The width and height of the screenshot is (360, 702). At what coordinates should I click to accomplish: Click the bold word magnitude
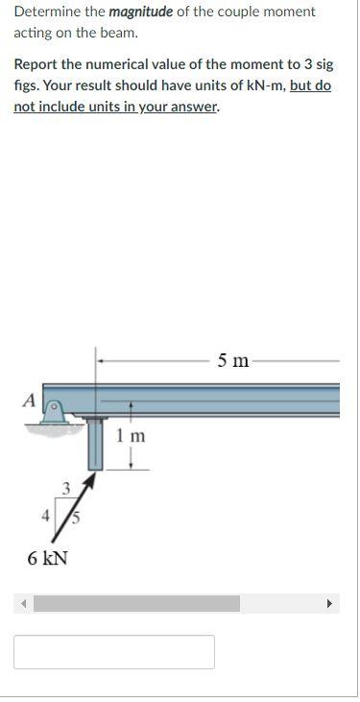point(141,12)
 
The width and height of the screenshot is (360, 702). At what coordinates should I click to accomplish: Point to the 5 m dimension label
point(233,360)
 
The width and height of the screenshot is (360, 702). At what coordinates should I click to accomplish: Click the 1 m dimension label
point(131,435)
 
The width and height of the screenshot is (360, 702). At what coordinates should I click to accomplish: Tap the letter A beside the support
point(31,399)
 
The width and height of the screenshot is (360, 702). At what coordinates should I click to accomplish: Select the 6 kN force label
point(47,558)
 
